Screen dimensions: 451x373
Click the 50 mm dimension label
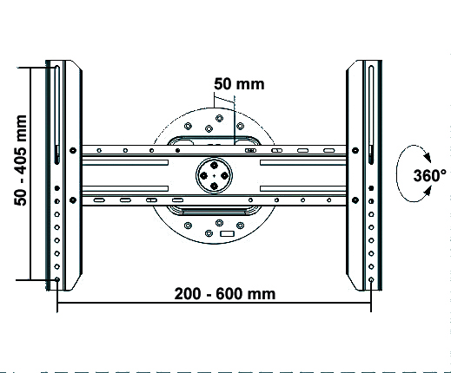[239, 84]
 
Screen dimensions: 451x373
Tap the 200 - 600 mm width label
[225, 294]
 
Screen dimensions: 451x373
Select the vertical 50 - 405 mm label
[21, 160]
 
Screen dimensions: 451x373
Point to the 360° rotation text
[429, 175]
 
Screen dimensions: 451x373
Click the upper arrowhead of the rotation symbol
[428, 157]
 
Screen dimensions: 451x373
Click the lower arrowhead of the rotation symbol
[428, 191]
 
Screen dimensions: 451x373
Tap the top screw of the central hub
[214, 166]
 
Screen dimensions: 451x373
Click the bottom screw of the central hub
[214, 186]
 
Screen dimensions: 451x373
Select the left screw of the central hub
[203, 176]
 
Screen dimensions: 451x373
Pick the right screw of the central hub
[224, 176]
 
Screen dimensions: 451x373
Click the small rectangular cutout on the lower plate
[227, 233]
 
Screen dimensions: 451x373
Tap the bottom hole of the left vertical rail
[57, 279]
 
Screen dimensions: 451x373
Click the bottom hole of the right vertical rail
[371, 279]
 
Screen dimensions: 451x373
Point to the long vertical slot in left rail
[57, 115]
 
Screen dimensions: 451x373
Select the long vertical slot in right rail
[371, 115]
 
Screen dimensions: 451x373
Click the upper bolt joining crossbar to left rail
[73, 150]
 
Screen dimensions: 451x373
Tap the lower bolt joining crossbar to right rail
[355, 200]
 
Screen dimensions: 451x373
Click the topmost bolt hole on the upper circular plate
[219, 118]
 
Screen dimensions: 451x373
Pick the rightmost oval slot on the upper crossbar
[328, 150]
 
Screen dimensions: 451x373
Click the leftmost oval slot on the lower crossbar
[99, 200]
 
